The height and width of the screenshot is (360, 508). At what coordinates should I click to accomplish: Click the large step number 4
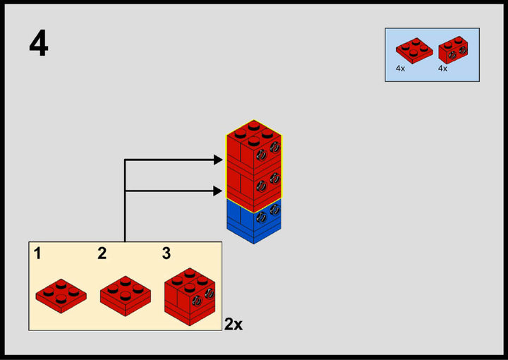click(39, 44)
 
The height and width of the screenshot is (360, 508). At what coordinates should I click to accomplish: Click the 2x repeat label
click(234, 325)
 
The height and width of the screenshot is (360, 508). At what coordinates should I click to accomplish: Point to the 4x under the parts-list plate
click(400, 69)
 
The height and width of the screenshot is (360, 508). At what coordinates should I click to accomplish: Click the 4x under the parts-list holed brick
click(442, 69)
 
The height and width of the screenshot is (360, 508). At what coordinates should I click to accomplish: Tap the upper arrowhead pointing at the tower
click(218, 160)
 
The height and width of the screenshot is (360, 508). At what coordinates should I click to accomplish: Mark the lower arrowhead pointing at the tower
click(218, 191)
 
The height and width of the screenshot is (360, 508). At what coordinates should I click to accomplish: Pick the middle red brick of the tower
click(253, 181)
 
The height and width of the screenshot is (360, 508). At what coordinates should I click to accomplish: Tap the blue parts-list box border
click(385, 55)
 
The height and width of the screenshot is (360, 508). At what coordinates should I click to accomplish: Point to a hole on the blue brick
click(262, 217)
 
